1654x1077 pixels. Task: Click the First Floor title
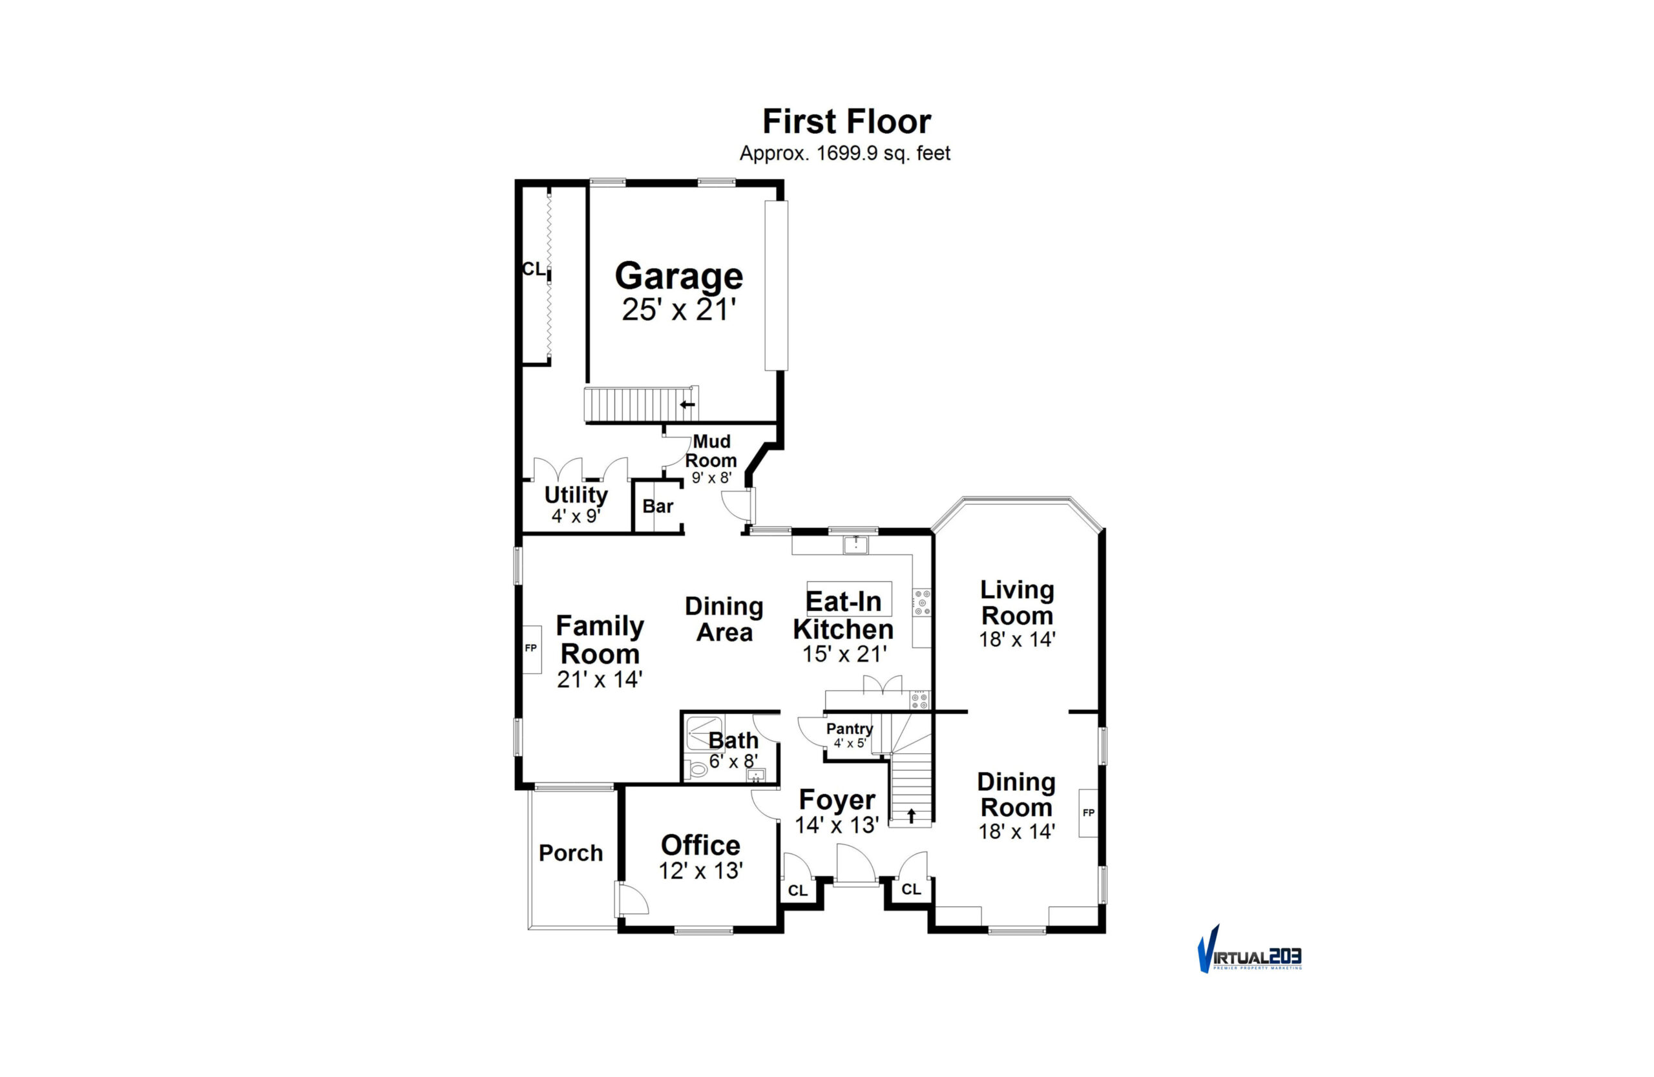[x=846, y=121]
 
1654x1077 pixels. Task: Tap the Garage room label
[x=679, y=277]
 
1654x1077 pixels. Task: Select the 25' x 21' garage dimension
[x=679, y=310]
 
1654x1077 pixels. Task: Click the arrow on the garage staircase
[x=687, y=404]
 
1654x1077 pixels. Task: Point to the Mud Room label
[x=711, y=451]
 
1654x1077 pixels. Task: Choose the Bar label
[x=658, y=506]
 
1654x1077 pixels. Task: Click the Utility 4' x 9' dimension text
[x=576, y=516]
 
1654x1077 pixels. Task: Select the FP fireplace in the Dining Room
[x=1088, y=813]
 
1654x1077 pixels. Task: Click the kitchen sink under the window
[x=856, y=545]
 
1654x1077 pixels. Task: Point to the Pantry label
[x=849, y=729]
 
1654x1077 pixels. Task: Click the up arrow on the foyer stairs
[x=911, y=816]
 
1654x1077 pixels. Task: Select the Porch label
[x=571, y=853]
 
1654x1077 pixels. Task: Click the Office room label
[x=700, y=846]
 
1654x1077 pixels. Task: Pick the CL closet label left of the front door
[x=798, y=891]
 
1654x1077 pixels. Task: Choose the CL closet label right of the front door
[x=911, y=890]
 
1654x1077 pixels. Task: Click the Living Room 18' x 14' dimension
[x=1018, y=639]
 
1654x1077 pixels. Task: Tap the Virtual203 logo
[x=1249, y=949]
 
